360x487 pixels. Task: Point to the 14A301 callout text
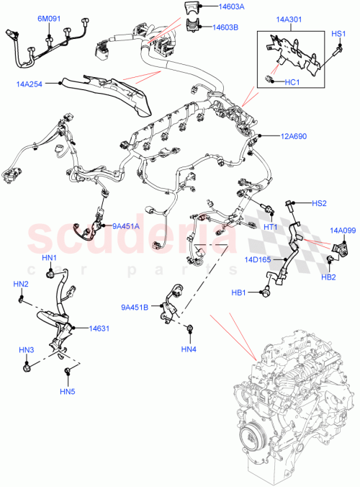coord(288,22)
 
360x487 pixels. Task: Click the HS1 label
coord(338,34)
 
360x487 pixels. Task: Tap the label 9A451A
coord(126,226)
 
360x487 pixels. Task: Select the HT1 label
coord(271,227)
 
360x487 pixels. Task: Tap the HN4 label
coord(189,350)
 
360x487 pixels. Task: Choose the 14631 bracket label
coord(99,327)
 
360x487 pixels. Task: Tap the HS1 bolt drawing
coord(336,51)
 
